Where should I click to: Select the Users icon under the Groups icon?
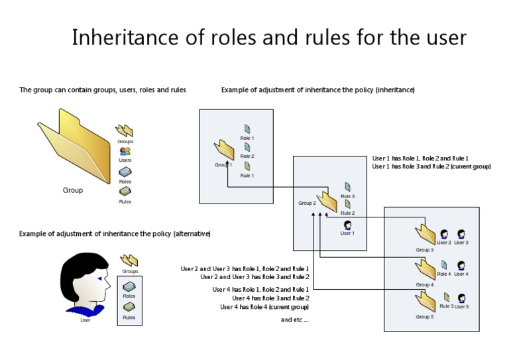click(x=125, y=151)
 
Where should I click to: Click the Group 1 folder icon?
click(x=225, y=150)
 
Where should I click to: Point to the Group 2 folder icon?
click(x=327, y=202)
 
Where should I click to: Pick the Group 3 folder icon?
click(x=425, y=235)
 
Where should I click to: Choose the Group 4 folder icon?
click(x=425, y=270)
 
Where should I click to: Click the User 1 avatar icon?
click(x=347, y=225)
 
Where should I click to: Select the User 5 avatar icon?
click(x=461, y=299)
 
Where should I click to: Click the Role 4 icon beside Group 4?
click(x=443, y=266)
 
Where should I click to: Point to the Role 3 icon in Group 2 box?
click(x=347, y=188)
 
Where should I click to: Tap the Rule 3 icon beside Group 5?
click(x=447, y=298)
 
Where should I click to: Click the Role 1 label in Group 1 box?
click(x=247, y=138)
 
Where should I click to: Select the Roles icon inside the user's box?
click(x=129, y=287)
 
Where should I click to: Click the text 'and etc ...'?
click(x=295, y=320)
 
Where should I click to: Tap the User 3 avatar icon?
click(x=461, y=234)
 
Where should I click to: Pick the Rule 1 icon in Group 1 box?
click(x=247, y=166)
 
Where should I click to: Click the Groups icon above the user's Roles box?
click(x=129, y=261)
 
